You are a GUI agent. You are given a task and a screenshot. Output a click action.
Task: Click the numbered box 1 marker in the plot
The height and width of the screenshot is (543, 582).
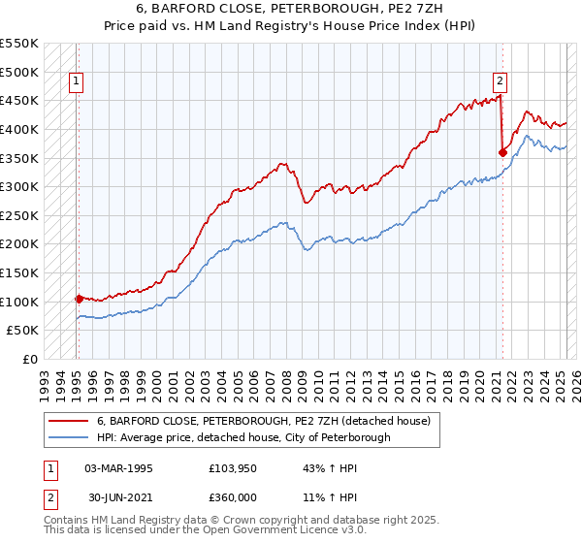click(76, 82)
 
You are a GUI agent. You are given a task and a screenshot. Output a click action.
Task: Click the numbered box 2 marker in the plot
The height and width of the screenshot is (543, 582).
click(500, 82)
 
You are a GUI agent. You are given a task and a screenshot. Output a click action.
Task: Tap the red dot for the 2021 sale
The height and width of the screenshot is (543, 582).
click(502, 151)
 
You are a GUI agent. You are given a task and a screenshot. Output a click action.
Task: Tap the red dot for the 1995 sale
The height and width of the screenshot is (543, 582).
click(79, 299)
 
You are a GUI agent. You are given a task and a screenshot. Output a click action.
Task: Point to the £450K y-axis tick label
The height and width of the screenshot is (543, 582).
click(20, 100)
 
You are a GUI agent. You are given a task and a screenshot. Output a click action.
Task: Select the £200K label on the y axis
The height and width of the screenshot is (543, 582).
click(20, 243)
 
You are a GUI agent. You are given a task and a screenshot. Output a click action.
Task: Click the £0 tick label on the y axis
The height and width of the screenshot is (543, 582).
click(30, 359)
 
